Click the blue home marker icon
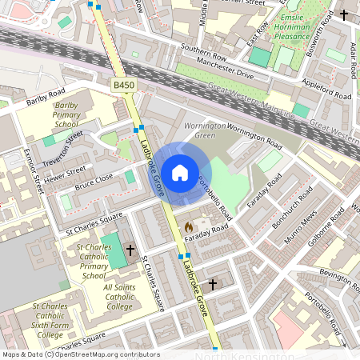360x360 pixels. [179, 172]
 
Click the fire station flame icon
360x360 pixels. [189, 227]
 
